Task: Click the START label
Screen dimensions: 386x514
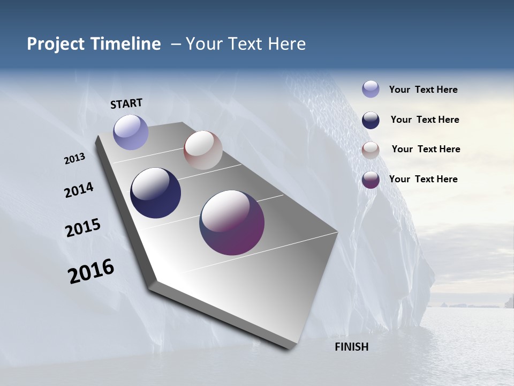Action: tap(126, 103)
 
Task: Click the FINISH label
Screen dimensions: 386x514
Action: tap(352, 347)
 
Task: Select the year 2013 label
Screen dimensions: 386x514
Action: tap(75, 159)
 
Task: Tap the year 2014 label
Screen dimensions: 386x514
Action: tap(79, 190)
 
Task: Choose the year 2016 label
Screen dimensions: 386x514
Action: tap(91, 271)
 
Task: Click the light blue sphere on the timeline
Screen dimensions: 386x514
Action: tap(131, 132)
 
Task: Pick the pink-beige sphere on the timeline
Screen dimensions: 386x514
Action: tap(203, 150)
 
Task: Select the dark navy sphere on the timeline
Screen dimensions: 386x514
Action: tap(155, 193)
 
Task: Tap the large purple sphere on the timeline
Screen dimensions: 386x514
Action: tap(232, 222)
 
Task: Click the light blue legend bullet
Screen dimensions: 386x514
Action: tap(371, 89)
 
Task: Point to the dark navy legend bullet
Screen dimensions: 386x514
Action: tap(371, 120)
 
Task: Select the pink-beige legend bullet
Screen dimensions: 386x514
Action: tap(371, 150)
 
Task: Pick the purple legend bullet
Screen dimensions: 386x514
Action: tap(371, 180)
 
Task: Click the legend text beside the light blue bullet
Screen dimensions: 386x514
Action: tap(423, 90)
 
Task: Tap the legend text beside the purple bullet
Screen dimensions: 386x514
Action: tap(423, 179)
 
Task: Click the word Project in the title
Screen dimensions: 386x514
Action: tap(56, 44)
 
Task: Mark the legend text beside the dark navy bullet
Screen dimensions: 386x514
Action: tap(425, 120)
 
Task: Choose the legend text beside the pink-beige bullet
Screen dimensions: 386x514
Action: tap(426, 149)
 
